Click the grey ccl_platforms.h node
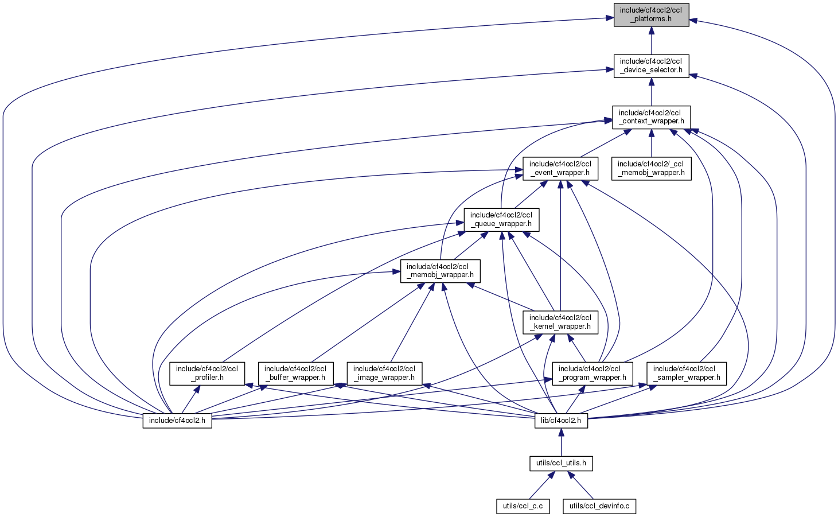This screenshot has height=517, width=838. pyautogui.click(x=651, y=15)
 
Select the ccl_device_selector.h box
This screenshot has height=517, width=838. pyautogui.click(x=651, y=66)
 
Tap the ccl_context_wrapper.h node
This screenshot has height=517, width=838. pyautogui.click(x=651, y=117)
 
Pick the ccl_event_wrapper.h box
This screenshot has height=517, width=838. pyautogui.click(x=560, y=168)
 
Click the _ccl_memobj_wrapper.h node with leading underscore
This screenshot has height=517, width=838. pyautogui.click(x=651, y=168)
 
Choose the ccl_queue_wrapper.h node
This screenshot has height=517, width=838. pyautogui.click(x=501, y=219)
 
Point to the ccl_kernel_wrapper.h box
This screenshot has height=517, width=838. pyautogui.click(x=560, y=322)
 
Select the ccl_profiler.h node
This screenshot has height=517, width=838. pyautogui.click(x=207, y=373)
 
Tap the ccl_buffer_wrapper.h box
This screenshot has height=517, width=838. pyautogui.click(x=295, y=373)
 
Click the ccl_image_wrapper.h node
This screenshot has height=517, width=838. pyautogui.click(x=384, y=373)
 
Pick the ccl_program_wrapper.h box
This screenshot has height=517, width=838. pyautogui.click(x=589, y=373)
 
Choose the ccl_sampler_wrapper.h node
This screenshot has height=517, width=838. pyautogui.click(x=684, y=373)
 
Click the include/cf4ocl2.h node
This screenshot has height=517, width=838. pyautogui.click(x=177, y=421)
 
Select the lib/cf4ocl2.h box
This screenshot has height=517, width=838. pyautogui.click(x=561, y=421)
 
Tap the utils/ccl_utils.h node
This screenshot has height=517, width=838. pyautogui.click(x=561, y=463)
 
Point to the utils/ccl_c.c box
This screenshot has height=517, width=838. pyautogui.click(x=523, y=506)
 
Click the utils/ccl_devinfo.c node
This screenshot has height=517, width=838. pyautogui.click(x=599, y=506)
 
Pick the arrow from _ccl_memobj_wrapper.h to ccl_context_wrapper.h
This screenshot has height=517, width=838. pyautogui.click(x=651, y=143)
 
